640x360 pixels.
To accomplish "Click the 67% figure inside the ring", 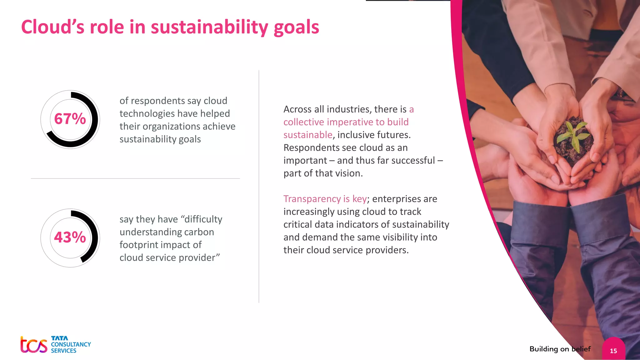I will (x=70, y=119).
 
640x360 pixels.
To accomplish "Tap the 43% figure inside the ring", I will (x=70, y=237).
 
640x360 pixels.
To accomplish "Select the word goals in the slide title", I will (x=296, y=27).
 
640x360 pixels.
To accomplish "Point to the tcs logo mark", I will (x=34, y=345).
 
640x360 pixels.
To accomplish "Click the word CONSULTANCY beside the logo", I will (x=71, y=344).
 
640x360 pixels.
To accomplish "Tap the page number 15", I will (x=613, y=351).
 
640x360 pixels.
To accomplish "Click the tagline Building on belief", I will (x=560, y=349).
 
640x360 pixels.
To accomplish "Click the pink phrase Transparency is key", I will (x=325, y=199).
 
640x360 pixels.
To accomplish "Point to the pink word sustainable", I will (x=308, y=135).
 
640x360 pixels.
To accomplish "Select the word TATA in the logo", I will (x=59, y=338).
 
